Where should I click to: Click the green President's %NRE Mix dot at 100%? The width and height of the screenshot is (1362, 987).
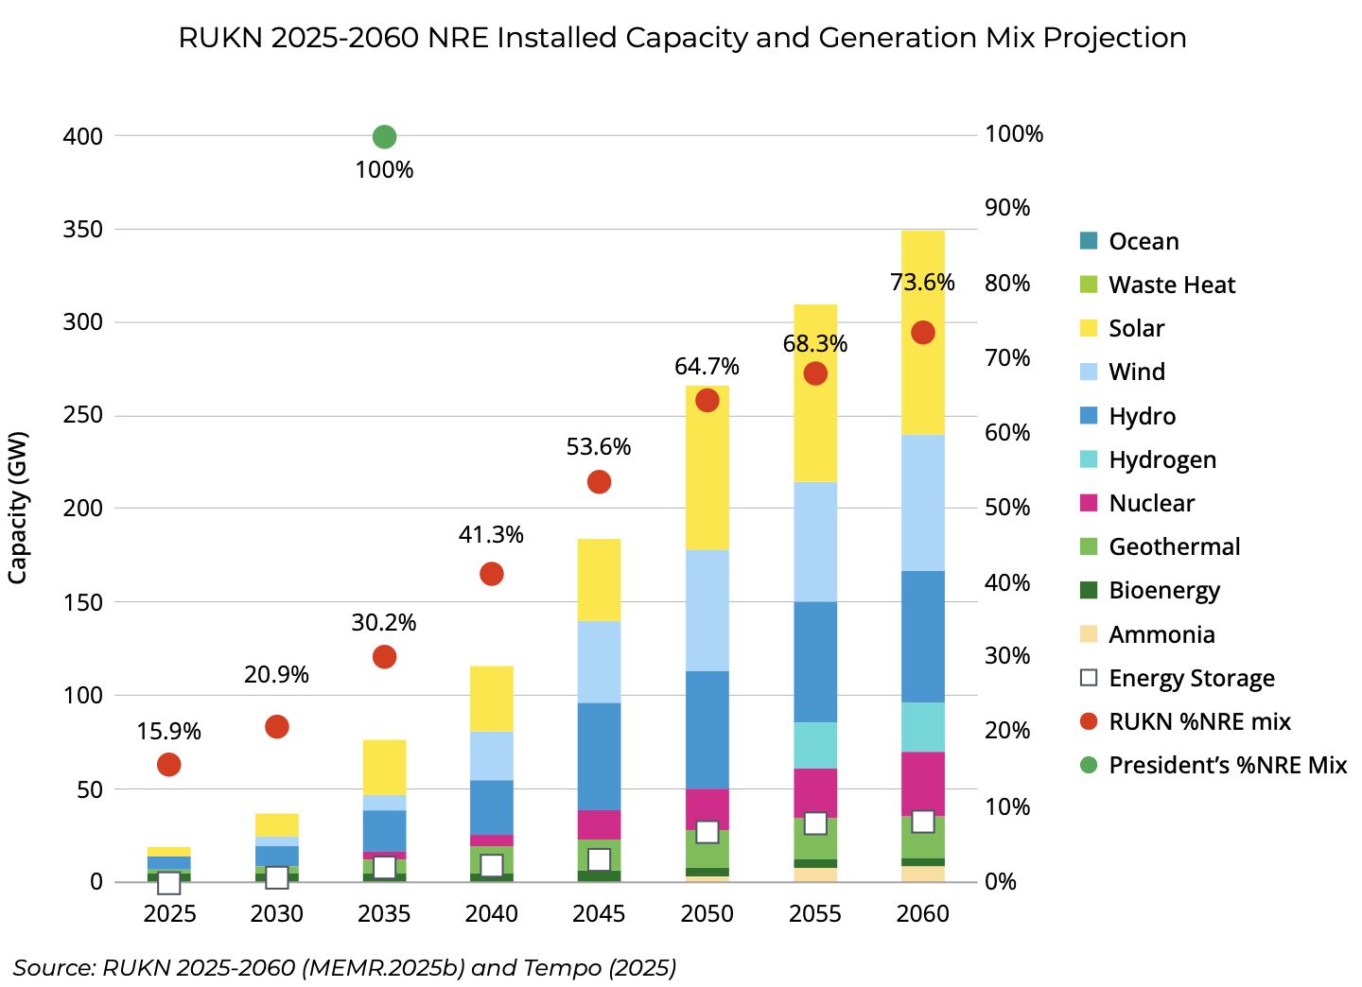[384, 137]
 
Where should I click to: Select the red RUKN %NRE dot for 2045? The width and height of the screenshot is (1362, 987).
[599, 482]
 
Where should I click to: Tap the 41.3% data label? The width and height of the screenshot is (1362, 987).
[491, 535]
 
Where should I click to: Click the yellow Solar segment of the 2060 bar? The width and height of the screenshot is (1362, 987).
[923, 333]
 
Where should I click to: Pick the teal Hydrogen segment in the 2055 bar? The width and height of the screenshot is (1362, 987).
[815, 745]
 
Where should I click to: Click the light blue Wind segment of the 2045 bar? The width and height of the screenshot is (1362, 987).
[599, 662]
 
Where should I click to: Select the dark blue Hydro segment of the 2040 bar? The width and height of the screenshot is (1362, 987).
[491, 807]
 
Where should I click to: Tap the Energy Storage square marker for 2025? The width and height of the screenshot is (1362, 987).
[169, 883]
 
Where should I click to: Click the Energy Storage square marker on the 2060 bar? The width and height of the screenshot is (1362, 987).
[923, 822]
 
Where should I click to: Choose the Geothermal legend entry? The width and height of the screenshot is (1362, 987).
[1161, 547]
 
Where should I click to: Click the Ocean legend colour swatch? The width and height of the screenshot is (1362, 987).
[1089, 241]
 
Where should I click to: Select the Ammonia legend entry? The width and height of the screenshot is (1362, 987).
[1147, 634]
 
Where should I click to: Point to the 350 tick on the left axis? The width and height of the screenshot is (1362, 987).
[82, 230]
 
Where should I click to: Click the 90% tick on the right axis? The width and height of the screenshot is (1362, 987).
[1007, 208]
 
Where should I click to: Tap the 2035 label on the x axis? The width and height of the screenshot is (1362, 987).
[384, 913]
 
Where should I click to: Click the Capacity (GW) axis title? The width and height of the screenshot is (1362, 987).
[18, 508]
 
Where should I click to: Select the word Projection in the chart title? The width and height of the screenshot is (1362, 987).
[1114, 38]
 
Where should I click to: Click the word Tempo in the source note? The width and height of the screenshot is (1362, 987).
[562, 967]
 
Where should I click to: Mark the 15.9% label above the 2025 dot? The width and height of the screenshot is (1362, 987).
[168, 731]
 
